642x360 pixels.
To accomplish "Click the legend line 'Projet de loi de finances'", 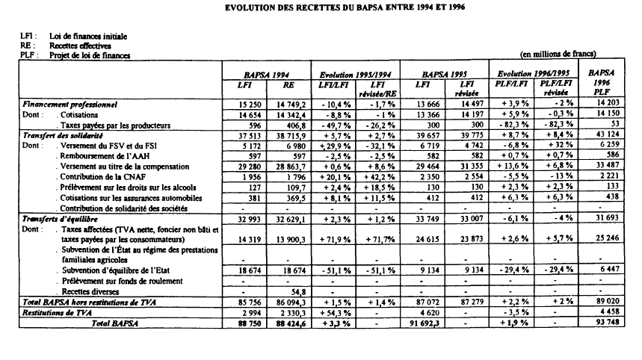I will point(89,55).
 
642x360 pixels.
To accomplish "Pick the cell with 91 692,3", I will point(420,323).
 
